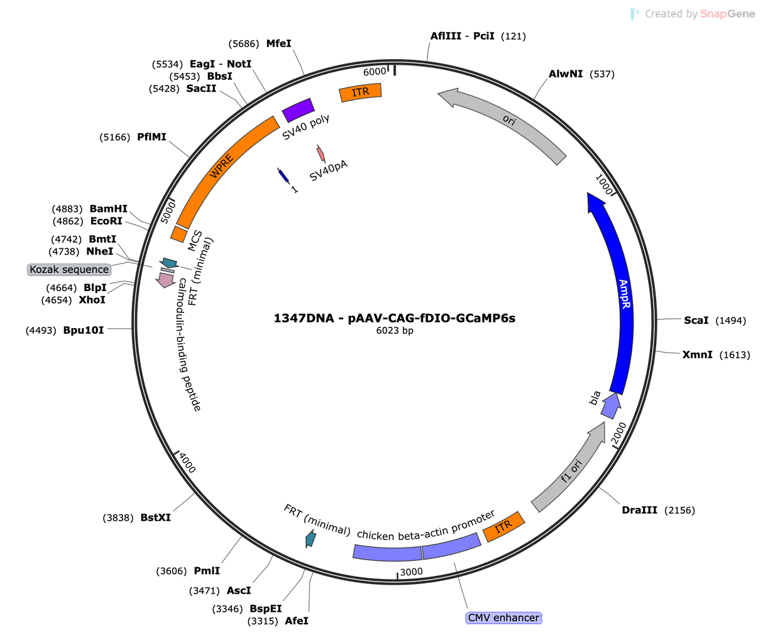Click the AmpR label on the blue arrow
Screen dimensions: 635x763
(624, 294)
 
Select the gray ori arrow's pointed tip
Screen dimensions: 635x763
(439, 95)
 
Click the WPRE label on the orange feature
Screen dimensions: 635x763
(221, 167)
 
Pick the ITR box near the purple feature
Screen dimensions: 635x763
(360, 92)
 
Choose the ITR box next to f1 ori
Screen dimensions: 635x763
(504, 527)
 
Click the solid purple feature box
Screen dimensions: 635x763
(298, 110)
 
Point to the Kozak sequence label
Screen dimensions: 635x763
(69, 270)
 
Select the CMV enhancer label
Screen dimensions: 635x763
(503, 617)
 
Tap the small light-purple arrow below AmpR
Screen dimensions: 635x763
(611, 406)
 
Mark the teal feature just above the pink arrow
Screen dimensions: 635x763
(168, 261)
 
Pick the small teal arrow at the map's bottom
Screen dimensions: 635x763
(310, 538)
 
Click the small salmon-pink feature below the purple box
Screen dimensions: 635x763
(321, 153)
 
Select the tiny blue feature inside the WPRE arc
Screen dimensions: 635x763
(282, 175)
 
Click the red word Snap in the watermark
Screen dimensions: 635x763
(713, 14)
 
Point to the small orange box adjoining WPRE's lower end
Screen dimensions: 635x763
(178, 234)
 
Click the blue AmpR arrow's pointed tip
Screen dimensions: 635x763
(589, 195)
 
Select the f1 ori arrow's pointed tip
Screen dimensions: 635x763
(605, 424)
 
